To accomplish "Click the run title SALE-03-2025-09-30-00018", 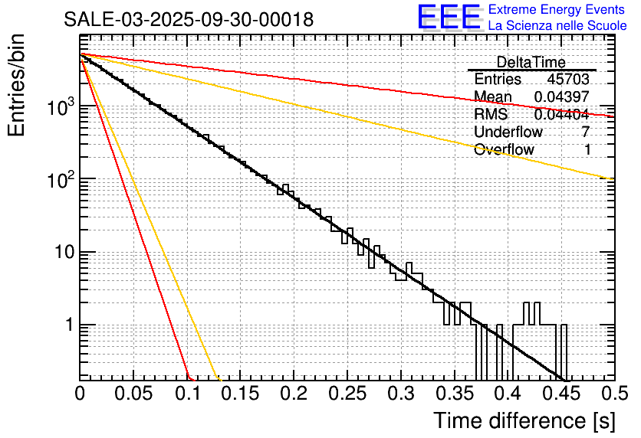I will (x=189, y=20).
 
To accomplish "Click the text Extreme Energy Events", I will (x=557, y=10).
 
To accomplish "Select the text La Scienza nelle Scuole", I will (x=557, y=26).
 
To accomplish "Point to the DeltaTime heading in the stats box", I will (x=531, y=62).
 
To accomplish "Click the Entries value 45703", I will (x=568, y=80).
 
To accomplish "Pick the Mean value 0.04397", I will (x=562, y=96).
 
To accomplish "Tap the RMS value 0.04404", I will (x=562, y=114).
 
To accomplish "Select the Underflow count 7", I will (x=586, y=132).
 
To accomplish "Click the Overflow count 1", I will (x=587, y=150).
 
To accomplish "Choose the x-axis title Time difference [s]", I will (x=523, y=420).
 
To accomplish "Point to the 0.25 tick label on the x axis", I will (x=346, y=394).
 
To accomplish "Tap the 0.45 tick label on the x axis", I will (x=559, y=394).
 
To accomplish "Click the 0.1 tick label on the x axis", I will (x=186, y=394).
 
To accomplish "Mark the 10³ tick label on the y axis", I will (x=60, y=108).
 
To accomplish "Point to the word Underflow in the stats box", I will (x=508, y=132).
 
